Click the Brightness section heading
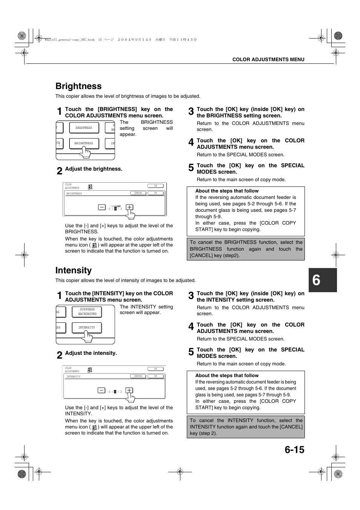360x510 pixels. coord(78,86)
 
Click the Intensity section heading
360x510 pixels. coord(74,270)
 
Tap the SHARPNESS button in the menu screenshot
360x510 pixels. coord(84,128)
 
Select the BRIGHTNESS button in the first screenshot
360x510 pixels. coord(84,143)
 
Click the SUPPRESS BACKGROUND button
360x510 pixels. coord(88,312)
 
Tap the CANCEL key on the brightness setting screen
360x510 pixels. coord(138,193)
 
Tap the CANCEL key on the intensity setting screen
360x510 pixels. coord(138,376)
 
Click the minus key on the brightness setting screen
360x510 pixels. coord(102,207)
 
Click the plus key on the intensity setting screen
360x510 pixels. coord(129,390)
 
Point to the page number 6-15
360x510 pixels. coord(294,450)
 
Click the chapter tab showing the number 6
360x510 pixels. coord(322,280)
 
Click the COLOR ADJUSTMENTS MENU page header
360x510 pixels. coord(268,60)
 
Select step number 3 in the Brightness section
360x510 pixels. coord(191,111)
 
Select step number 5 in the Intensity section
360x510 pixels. coord(191,352)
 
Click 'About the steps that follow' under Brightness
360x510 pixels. coord(227,191)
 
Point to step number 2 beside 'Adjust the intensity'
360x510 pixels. coord(60,355)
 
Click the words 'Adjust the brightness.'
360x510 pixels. coord(94,169)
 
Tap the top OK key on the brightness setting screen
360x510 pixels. coord(155,186)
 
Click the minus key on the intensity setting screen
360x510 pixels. coord(102,390)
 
